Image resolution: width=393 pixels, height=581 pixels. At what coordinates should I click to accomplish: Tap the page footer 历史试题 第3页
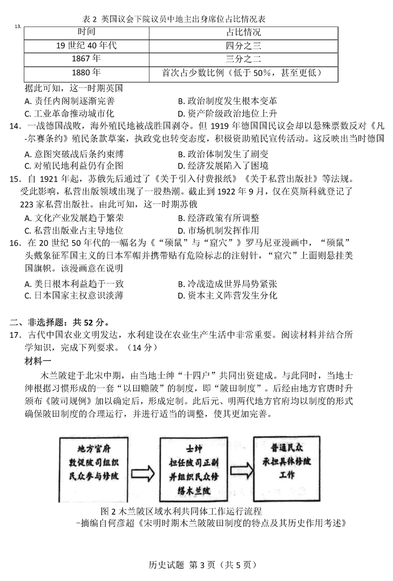196,565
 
